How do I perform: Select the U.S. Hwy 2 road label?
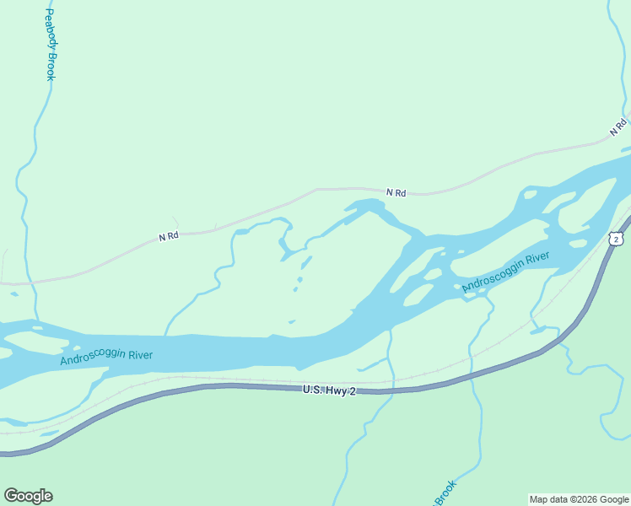(329, 390)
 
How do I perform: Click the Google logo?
(28, 496)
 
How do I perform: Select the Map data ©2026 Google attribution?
(579, 499)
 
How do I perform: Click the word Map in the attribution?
(538, 499)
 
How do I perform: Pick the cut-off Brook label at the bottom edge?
(445, 493)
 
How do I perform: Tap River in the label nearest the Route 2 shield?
(537, 259)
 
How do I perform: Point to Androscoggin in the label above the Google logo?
(92, 358)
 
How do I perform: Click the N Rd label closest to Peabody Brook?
(169, 237)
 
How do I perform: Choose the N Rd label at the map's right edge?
(619, 127)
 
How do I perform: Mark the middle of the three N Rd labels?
(396, 193)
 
